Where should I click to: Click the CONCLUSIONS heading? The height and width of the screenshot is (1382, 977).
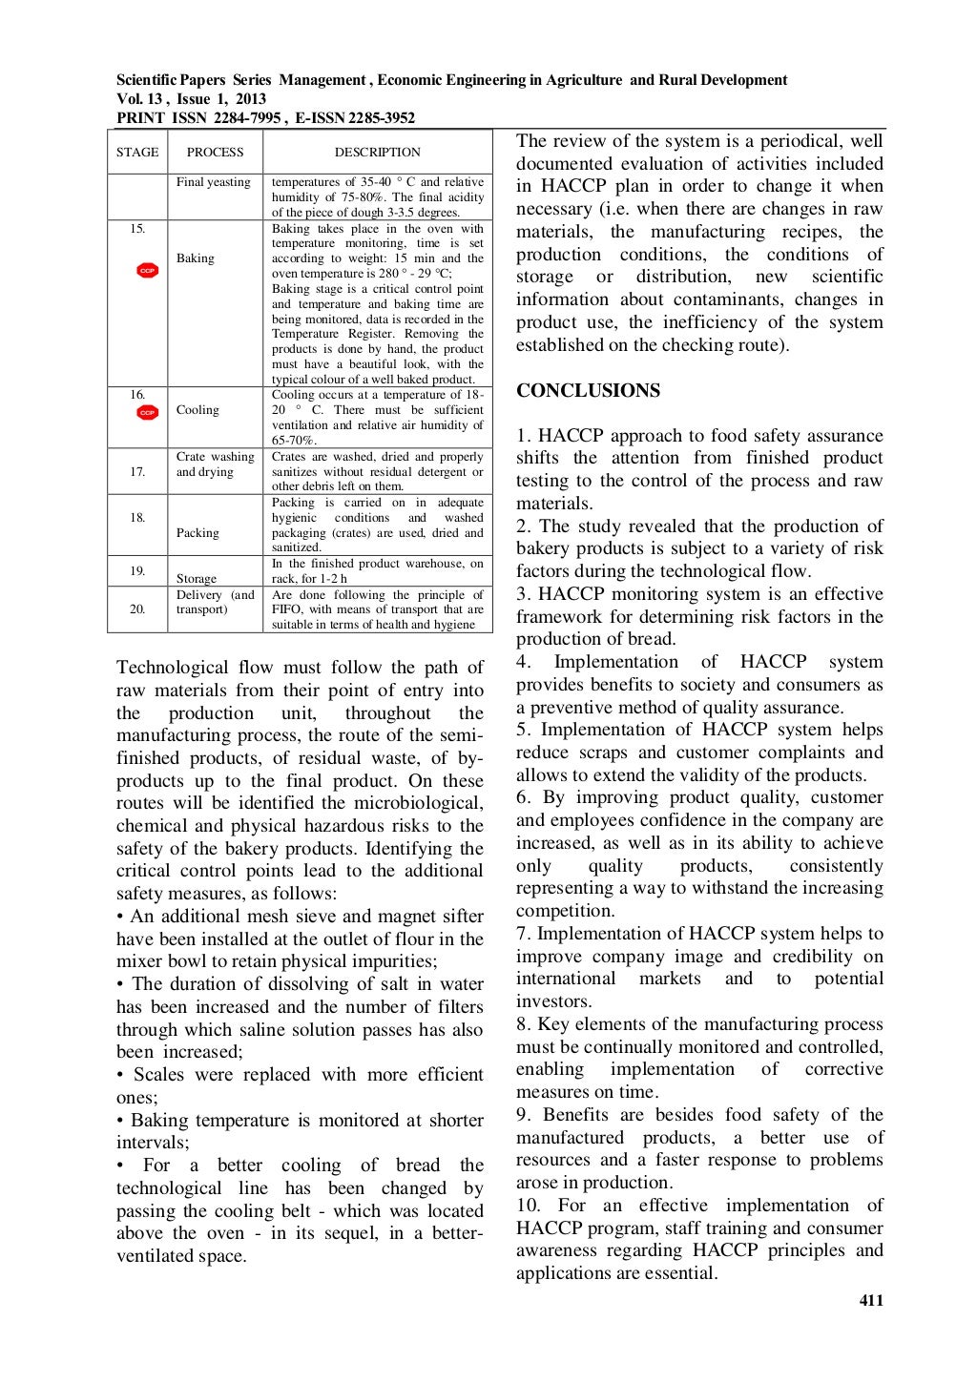588,391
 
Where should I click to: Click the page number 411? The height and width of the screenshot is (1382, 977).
870,1300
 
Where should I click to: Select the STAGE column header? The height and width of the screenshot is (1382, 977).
137,153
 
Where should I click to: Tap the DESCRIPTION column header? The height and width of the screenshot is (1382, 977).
377,153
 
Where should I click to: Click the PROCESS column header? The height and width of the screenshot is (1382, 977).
215,153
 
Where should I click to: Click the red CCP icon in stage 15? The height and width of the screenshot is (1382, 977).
147,271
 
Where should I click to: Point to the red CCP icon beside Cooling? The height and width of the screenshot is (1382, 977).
146,412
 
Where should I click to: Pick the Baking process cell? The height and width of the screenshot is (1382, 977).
196,258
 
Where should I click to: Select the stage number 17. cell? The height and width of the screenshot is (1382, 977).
138,472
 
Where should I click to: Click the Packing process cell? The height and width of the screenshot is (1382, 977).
197,533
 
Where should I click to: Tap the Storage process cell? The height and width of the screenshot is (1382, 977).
197,579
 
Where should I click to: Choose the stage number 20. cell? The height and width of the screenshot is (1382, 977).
138,609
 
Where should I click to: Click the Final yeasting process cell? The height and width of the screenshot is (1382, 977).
214,182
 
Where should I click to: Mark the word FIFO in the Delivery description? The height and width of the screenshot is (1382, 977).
287,609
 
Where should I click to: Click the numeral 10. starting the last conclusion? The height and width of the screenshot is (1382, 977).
530,1206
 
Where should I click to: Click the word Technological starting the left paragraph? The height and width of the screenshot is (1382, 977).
172,668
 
